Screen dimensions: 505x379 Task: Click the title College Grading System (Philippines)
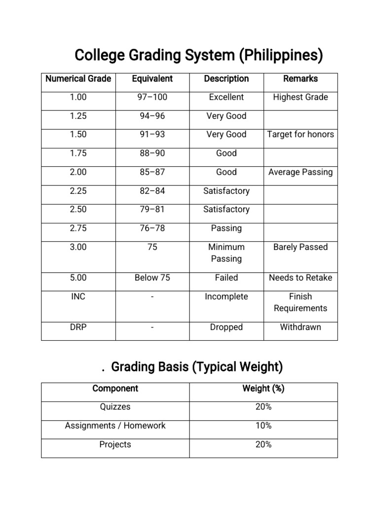point(198,56)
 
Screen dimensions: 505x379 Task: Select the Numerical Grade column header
point(78,79)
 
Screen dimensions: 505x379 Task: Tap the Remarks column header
point(300,79)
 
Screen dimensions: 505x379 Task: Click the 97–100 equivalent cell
point(152,97)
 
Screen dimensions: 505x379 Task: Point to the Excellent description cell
point(226,97)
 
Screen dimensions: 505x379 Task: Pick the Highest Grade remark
point(300,97)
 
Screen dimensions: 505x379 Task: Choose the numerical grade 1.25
point(78,116)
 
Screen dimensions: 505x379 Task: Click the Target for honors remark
point(300,134)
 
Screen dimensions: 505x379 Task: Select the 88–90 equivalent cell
point(152,153)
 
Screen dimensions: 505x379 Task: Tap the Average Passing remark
point(300,172)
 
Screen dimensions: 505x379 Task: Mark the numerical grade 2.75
point(78,228)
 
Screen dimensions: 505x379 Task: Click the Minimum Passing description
point(226,252)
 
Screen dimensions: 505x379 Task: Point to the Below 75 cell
point(152,278)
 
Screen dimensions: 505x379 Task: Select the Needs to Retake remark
point(300,278)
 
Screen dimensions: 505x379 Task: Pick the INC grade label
point(78,296)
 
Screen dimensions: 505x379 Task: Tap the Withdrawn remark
point(300,327)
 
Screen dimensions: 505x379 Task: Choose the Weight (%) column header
point(263,389)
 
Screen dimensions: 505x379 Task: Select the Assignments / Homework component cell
point(115,426)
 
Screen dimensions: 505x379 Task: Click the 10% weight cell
point(263,426)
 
